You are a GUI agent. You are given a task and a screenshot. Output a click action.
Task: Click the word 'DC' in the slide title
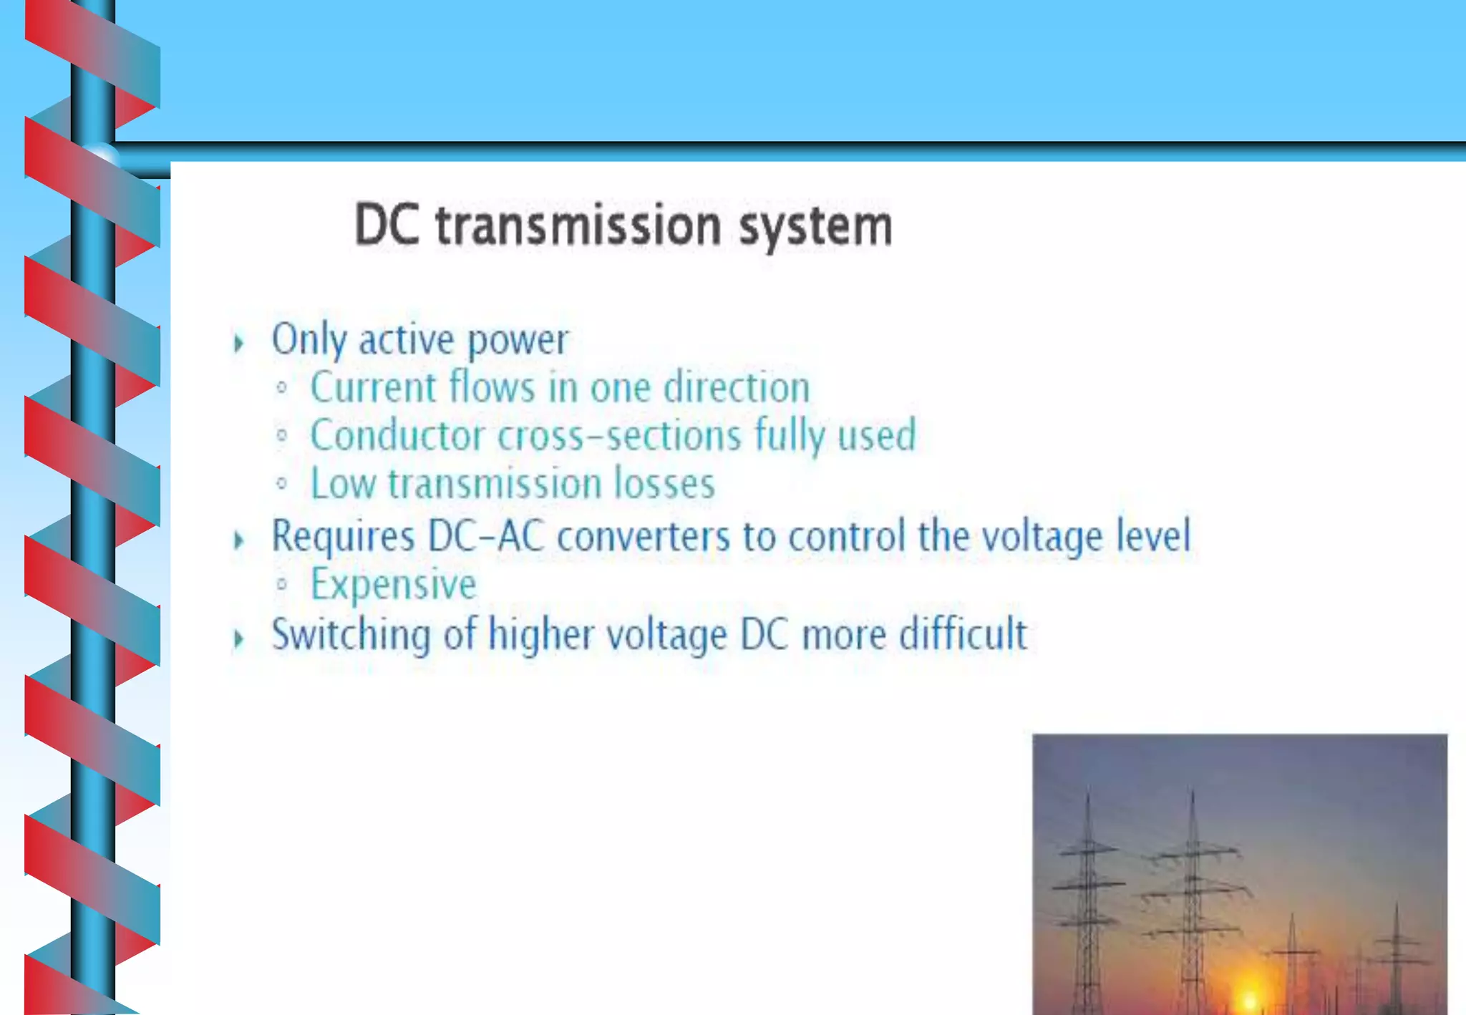tap(387, 226)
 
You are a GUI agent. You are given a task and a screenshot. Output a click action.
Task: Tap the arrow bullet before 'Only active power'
tap(238, 343)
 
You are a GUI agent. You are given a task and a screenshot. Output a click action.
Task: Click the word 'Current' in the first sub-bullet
tap(373, 388)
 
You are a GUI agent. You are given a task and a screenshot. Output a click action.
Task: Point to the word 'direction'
tap(737, 388)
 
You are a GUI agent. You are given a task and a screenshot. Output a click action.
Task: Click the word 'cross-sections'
tap(619, 436)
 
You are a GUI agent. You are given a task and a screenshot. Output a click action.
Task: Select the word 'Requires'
tap(343, 537)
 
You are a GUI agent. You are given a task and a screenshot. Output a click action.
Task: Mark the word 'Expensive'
tap(393, 585)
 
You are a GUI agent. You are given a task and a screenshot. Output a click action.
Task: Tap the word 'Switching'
tap(351, 636)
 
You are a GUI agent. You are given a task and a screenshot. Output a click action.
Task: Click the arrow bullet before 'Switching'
tap(238, 638)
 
